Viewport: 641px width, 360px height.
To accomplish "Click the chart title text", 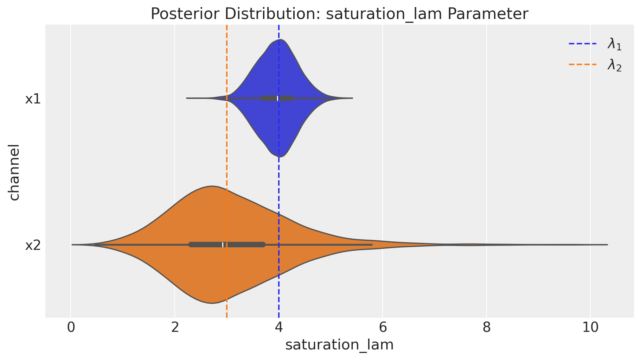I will pyautogui.click(x=339, y=14).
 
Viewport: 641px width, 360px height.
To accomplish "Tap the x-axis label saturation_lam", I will pyautogui.click(x=339, y=345).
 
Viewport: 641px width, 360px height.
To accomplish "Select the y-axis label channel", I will pyautogui.click(x=14, y=172).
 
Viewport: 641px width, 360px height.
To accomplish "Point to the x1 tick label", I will pyautogui.click(x=33, y=99).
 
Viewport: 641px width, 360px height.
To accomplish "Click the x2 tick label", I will pyautogui.click(x=33, y=245).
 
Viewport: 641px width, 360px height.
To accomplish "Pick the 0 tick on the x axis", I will pyautogui.click(x=71, y=328).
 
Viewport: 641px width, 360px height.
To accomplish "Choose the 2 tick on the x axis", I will pyautogui.click(x=175, y=328).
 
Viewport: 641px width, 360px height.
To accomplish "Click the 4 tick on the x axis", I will pyautogui.click(x=279, y=328).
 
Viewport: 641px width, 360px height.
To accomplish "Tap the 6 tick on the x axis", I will pyautogui.click(x=383, y=328).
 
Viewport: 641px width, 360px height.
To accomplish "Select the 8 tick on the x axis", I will pyautogui.click(x=486, y=328).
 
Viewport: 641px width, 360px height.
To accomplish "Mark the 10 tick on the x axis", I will pyautogui.click(x=590, y=328).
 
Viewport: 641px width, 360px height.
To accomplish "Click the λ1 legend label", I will pyautogui.click(x=614, y=45).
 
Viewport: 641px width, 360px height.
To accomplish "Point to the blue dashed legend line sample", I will pyautogui.click(x=583, y=44).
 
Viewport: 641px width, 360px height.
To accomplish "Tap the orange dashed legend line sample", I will pyautogui.click(x=583, y=64).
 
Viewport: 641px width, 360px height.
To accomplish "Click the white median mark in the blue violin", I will pyautogui.click(x=277, y=98).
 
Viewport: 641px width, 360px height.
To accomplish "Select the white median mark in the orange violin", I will pyautogui.click(x=223, y=245).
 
